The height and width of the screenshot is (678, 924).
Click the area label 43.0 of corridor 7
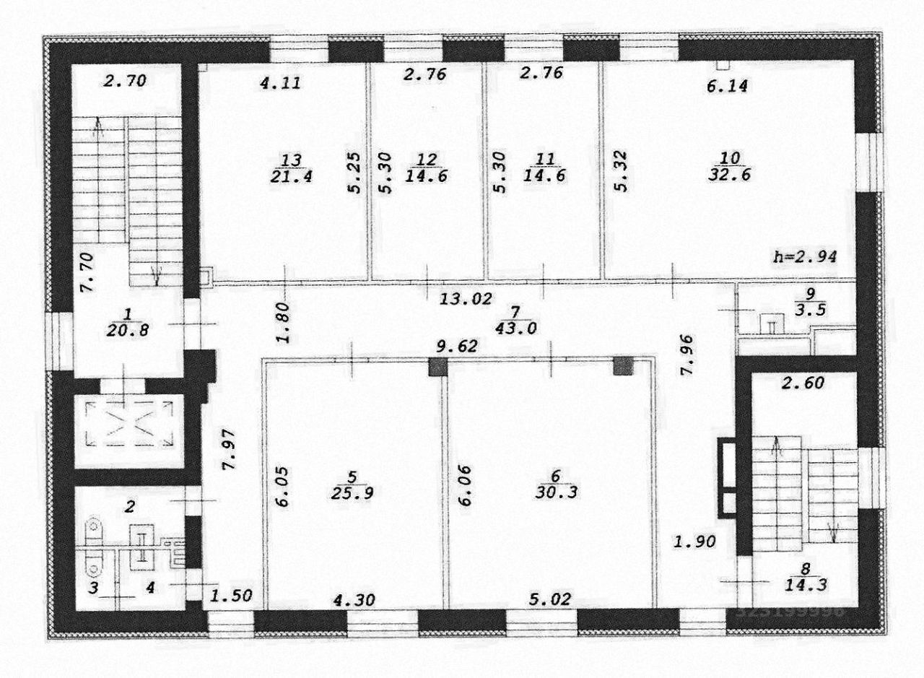(x=515, y=326)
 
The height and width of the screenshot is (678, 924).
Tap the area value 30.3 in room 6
(x=555, y=496)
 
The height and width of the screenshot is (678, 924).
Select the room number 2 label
(x=131, y=507)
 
